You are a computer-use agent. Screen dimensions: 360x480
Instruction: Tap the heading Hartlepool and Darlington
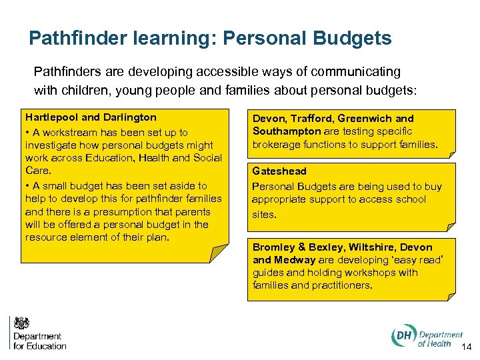(91, 117)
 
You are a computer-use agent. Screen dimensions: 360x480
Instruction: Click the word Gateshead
(279, 171)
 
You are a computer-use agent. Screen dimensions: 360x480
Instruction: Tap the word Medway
(296, 260)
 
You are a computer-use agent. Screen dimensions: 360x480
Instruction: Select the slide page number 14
(466, 346)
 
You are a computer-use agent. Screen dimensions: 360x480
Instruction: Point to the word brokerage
(278, 145)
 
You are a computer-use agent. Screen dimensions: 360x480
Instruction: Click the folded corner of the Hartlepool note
(219, 254)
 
